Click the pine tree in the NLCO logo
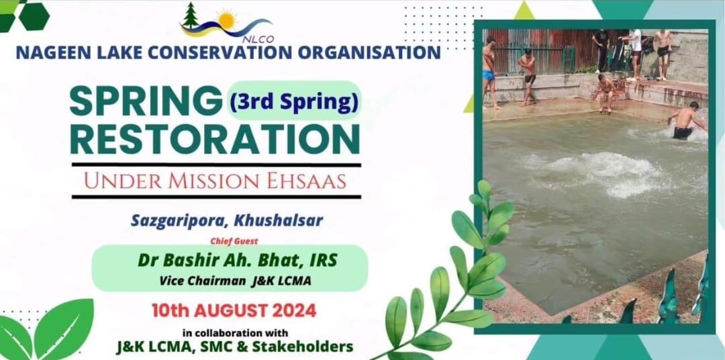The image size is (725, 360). [190, 15]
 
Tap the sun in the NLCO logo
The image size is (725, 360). [227, 20]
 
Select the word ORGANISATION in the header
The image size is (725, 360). [369, 52]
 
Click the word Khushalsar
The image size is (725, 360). [279, 221]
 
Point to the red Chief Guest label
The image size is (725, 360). [234, 240]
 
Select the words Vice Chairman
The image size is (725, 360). [203, 281]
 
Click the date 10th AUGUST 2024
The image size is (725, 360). [234, 310]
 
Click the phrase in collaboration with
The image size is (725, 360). [235, 332]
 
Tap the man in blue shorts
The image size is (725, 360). [489, 73]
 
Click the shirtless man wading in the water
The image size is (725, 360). [686, 120]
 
